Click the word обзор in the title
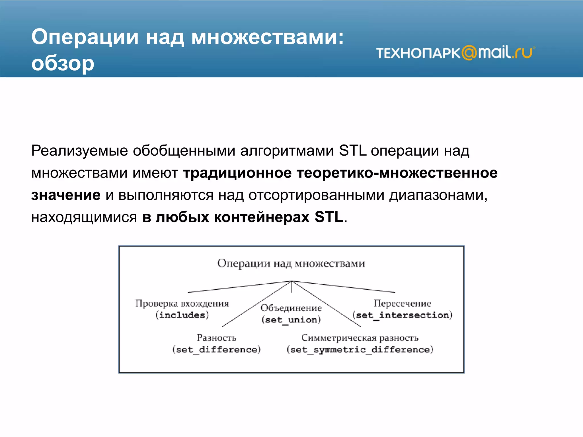pos(63,63)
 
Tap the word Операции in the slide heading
pos(85,37)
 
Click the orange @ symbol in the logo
pos(469,53)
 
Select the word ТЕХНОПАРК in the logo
pos(418,53)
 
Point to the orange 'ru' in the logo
pos(524,53)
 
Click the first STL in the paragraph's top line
pos(352,151)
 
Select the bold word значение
pos(66,195)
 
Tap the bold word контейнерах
pos(262,217)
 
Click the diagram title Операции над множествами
pos(291,263)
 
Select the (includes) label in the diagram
pos(182,315)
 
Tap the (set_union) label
pos(291,320)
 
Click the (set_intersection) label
pos(402,315)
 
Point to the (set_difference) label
pos(216,349)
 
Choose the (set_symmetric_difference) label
pos(360,349)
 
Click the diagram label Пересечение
pos(402,303)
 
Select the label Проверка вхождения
pos(182,303)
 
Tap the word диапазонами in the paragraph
pos(438,195)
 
